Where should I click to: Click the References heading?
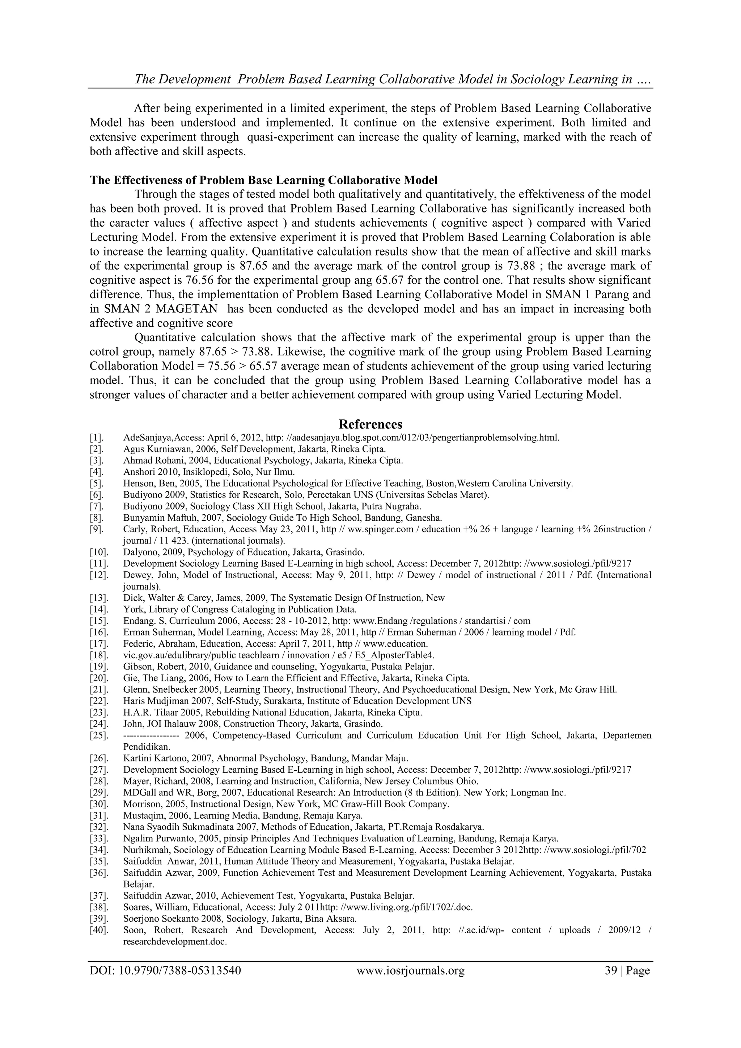click(370, 424)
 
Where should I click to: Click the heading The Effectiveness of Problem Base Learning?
click(263, 180)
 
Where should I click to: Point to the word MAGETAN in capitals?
click(187, 309)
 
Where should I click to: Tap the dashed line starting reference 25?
click(151, 735)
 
